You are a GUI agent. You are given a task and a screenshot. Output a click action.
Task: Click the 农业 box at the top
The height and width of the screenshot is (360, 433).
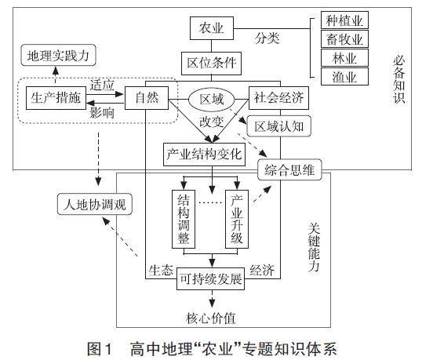212,28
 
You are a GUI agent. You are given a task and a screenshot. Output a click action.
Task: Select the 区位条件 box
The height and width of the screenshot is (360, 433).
211,64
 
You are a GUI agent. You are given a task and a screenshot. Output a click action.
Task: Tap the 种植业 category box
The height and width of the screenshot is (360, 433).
344,20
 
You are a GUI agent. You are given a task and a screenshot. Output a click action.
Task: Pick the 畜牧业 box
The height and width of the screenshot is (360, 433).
344,39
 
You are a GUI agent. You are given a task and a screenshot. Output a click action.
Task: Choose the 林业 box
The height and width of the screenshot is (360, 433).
344,58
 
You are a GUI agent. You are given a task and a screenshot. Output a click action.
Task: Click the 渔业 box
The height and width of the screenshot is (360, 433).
344,77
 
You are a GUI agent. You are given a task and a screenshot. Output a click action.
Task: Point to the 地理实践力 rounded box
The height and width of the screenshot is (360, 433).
59,55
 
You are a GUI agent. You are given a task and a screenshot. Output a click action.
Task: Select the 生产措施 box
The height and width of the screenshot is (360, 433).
56,98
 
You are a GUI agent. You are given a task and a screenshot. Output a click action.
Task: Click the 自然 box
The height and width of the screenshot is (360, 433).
147,98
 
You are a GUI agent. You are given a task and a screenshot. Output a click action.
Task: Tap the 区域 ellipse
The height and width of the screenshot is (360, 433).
212,99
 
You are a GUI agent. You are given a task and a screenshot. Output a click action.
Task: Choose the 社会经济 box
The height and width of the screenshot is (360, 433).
278,98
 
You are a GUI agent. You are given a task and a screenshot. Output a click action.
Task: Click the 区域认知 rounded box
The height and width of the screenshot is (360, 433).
279,126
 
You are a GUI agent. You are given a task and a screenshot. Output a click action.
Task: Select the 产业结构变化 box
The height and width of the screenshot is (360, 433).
205,155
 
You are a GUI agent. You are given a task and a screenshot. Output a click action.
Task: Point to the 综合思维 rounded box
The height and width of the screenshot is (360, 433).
289,169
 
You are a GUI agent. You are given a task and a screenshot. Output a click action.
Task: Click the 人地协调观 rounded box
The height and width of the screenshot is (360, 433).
95,204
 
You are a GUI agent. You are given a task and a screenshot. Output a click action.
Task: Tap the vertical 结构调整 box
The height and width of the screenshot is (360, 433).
184,219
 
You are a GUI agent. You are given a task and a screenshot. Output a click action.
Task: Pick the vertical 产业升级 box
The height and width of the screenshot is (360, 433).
237,219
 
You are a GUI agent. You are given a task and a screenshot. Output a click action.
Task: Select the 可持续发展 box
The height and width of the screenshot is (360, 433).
211,279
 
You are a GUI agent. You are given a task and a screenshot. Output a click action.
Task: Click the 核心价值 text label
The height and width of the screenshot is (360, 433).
211,318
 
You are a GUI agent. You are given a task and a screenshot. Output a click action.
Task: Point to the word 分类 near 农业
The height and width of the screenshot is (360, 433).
267,38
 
